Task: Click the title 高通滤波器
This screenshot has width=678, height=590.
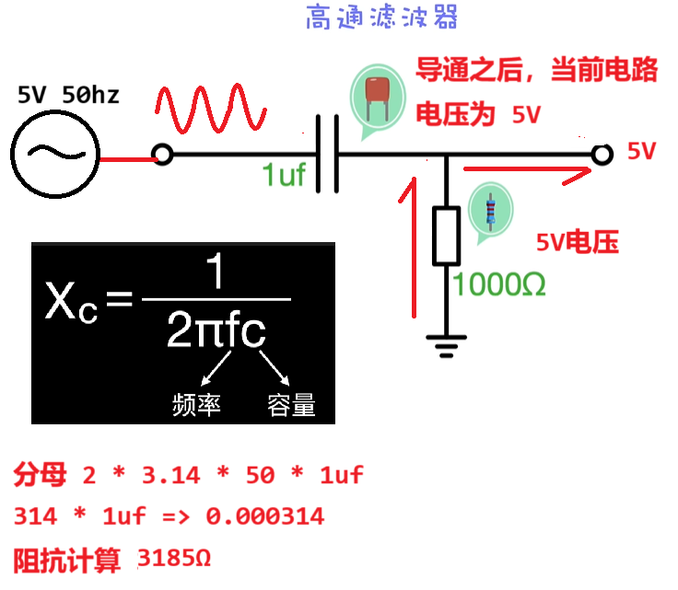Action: [381, 17]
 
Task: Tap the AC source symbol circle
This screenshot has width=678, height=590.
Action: [55, 153]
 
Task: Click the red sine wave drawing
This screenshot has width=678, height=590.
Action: [211, 110]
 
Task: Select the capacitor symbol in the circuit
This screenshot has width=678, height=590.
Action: [326, 154]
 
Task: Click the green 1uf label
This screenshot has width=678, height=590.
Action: [283, 175]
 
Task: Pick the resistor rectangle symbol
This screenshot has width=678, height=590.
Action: [446, 237]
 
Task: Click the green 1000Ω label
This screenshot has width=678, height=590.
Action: [498, 284]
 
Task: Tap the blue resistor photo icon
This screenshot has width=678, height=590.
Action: [488, 211]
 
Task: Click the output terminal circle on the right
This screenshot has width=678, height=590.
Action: [602, 154]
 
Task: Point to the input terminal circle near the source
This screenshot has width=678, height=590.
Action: [162, 154]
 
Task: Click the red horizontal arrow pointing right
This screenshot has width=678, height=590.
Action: [525, 171]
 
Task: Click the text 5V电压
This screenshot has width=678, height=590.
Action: [577, 242]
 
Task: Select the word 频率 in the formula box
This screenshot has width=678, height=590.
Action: [196, 404]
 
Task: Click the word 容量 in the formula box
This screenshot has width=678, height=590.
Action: [291, 404]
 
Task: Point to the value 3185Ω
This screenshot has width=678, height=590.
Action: [174, 558]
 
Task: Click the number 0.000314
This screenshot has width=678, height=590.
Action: [265, 516]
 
